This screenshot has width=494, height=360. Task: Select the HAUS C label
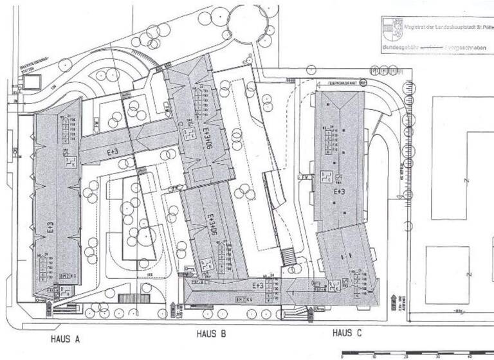(347, 333)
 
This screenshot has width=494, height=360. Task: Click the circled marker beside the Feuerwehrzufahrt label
(362, 83)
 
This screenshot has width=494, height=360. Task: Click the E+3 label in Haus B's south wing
(257, 285)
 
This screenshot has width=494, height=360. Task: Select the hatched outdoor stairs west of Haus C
(288, 256)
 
